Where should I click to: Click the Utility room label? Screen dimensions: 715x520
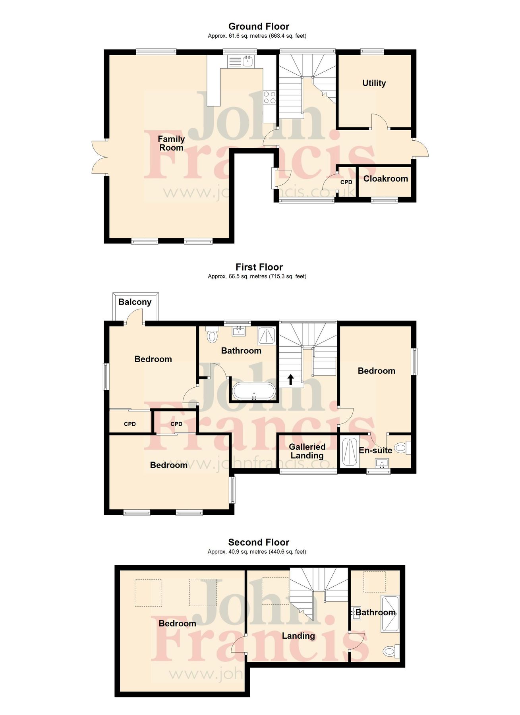pyautogui.click(x=374, y=83)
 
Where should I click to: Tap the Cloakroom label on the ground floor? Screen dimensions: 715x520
pyautogui.click(x=385, y=179)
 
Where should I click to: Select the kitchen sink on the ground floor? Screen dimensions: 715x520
pyautogui.click(x=242, y=61)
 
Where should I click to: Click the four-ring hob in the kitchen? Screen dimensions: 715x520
pyautogui.click(x=270, y=97)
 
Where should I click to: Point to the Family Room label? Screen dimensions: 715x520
pyautogui.click(x=171, y=143)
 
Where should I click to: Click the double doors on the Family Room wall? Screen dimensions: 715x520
pyautogui.click(x=99, y=157)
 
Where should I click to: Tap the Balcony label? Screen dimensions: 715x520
pyautogui.click(x=135, y=302)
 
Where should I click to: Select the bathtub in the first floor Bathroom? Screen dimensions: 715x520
pyautogui.click(x=253, y=391)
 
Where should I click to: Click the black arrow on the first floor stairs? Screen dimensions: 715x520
pyautogui.click(x=290, y=379)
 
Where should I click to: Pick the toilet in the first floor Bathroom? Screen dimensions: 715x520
pyautogui.click(x=213, y=335)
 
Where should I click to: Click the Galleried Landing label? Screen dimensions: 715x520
pyautogui.click(x=307, y=451)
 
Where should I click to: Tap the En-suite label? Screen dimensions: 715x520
pyautogui.click(x=375, y=450)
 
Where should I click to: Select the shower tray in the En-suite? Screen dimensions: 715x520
pyautogui.click(x=350, y=451)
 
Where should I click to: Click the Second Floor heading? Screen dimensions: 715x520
pyautogui.click(x=259, y=542)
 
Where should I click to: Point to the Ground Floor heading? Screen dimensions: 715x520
pyautogui.click(x=259, y=26)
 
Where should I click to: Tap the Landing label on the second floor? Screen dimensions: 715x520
pyautogui.click(x=298, y=636)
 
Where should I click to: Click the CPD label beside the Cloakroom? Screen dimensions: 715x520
pyautogui.click(x=346, y=182)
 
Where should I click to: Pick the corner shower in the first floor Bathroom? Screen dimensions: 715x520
pyautogui.click(x=267, y=336)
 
